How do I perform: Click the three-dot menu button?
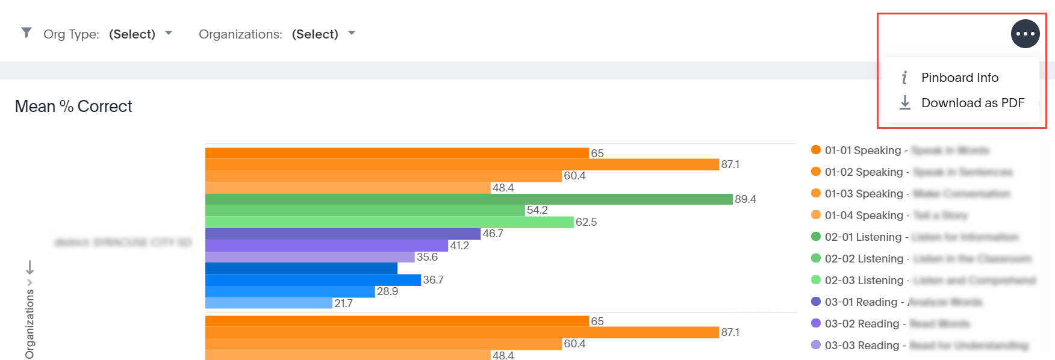tap(1025, 34)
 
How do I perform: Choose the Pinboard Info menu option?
tap(959, 78)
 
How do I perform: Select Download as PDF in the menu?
tap(972, 103)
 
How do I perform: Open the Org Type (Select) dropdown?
tap(140, 34)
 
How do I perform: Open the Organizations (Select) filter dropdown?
tap(323, 34)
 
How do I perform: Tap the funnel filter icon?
tap(26, 33)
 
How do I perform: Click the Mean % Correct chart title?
tap(73, 107)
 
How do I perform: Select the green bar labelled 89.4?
tap(468, 199)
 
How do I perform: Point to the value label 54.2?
tap(537, 210)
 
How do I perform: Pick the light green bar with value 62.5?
tap(389, 222)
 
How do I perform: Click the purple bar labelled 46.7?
tap(343, 234)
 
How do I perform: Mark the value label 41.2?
tap(459, 246)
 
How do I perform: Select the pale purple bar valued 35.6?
tap(310, 257)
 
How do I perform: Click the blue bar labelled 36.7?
tap(313, 280)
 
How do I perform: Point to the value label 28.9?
tap(387, 291)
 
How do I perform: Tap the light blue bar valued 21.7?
tap(269, 303)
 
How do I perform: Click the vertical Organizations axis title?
tap(30, 324)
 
